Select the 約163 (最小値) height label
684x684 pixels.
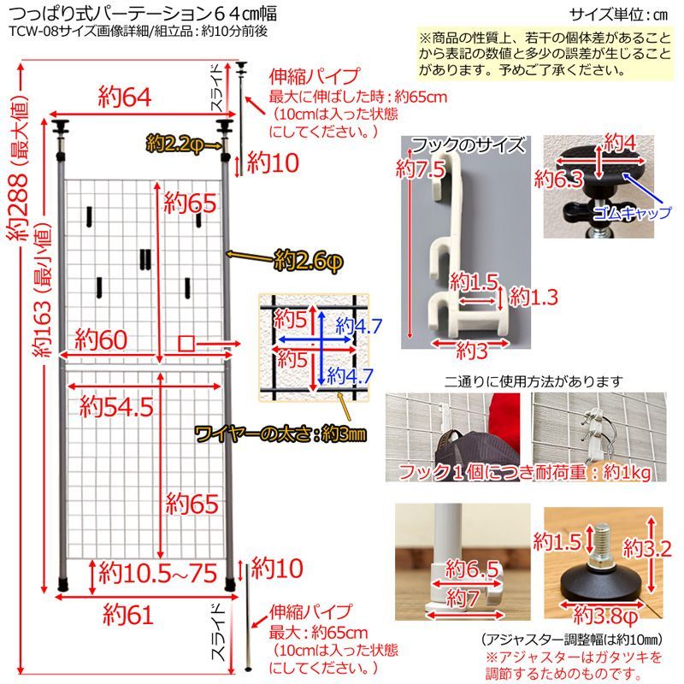point(43,286)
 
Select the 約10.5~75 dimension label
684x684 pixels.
point(159,572)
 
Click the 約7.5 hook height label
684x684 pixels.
point(421,168)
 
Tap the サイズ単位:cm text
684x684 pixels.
point(620,15)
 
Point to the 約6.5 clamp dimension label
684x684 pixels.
point(472,569)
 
